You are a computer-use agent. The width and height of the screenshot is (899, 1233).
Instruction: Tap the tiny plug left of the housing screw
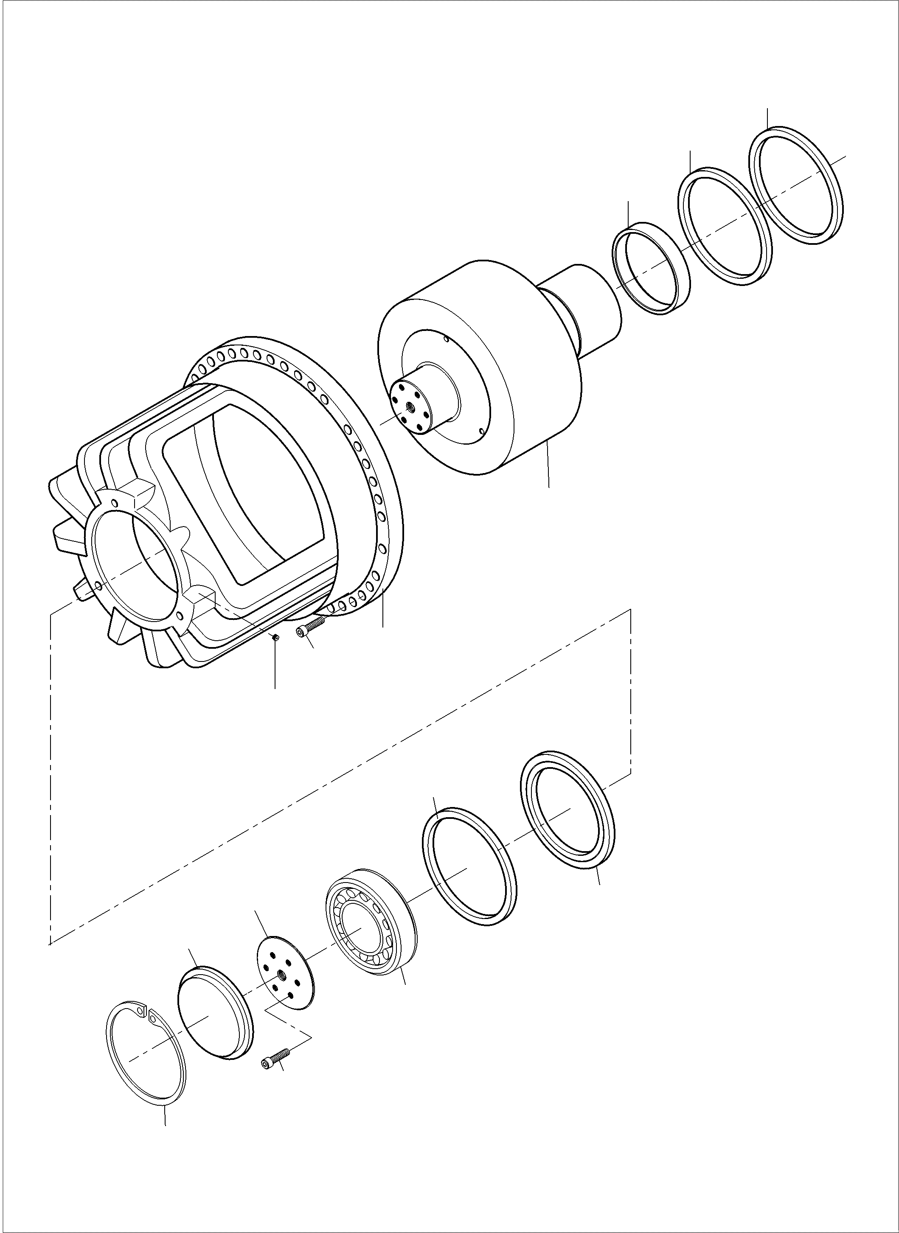pos(276,637)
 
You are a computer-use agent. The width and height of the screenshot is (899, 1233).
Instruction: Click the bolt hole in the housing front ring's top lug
pos(114,503)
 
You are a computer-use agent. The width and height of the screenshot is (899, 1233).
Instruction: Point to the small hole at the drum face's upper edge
pos(446,339)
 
